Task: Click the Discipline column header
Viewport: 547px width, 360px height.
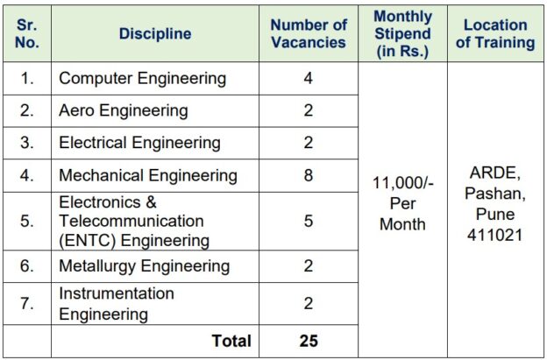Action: pos(155,33)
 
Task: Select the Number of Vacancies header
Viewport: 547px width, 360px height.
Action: pos(309,33)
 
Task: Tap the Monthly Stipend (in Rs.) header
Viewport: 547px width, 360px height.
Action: pos(402,33)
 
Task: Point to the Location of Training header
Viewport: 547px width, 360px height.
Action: pos(495,33)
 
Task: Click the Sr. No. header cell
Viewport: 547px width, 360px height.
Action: pos(27,33)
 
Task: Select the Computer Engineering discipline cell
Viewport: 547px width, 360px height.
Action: pos(142,79)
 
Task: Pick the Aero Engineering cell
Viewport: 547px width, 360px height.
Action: pos(123,110)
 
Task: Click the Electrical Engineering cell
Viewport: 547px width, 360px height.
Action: pos(139,143)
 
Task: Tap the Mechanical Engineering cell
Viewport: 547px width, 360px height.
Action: pos(147,175)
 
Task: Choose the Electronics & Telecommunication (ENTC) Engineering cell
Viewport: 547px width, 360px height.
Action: pos(133,221)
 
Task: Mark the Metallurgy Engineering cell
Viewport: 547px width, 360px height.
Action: pos(144,265)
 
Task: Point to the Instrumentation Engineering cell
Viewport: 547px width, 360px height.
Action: pos(117,303)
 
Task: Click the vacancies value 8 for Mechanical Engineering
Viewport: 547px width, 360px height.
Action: pos(309,175)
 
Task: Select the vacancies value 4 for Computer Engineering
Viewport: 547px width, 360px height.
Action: pos(309,79)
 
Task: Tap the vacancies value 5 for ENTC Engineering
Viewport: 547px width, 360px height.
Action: pos(309,221)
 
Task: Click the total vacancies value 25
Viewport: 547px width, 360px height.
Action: pos(309,341)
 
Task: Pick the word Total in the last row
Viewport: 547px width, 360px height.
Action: pos(231,341)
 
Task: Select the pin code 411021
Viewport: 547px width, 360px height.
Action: pos(495,235)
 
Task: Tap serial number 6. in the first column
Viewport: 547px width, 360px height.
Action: pos(27,265)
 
